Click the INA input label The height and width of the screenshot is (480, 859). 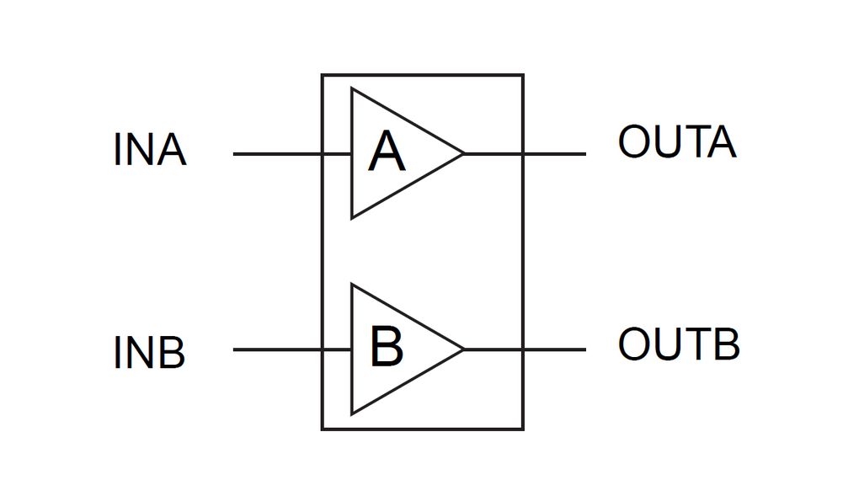click(149, 151)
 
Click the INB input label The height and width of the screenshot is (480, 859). click(149, 353)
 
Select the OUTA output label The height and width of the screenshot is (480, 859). click(676, 142)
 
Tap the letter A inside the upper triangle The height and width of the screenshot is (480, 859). click(387, 152)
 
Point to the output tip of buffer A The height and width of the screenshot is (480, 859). click(463, 154)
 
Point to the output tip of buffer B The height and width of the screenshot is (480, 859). click(463, 349)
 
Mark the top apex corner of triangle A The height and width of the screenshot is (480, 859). click(352, 89)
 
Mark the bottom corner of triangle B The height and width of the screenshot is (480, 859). click(352, 413)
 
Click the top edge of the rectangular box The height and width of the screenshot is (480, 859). click(422, 75)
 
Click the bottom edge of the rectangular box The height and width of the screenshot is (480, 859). click(422, 429)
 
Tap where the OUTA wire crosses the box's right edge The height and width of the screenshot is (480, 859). click(523, 154)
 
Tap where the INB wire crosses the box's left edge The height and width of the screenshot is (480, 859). click(322, 349)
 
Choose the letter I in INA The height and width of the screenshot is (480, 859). click(117, 151)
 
